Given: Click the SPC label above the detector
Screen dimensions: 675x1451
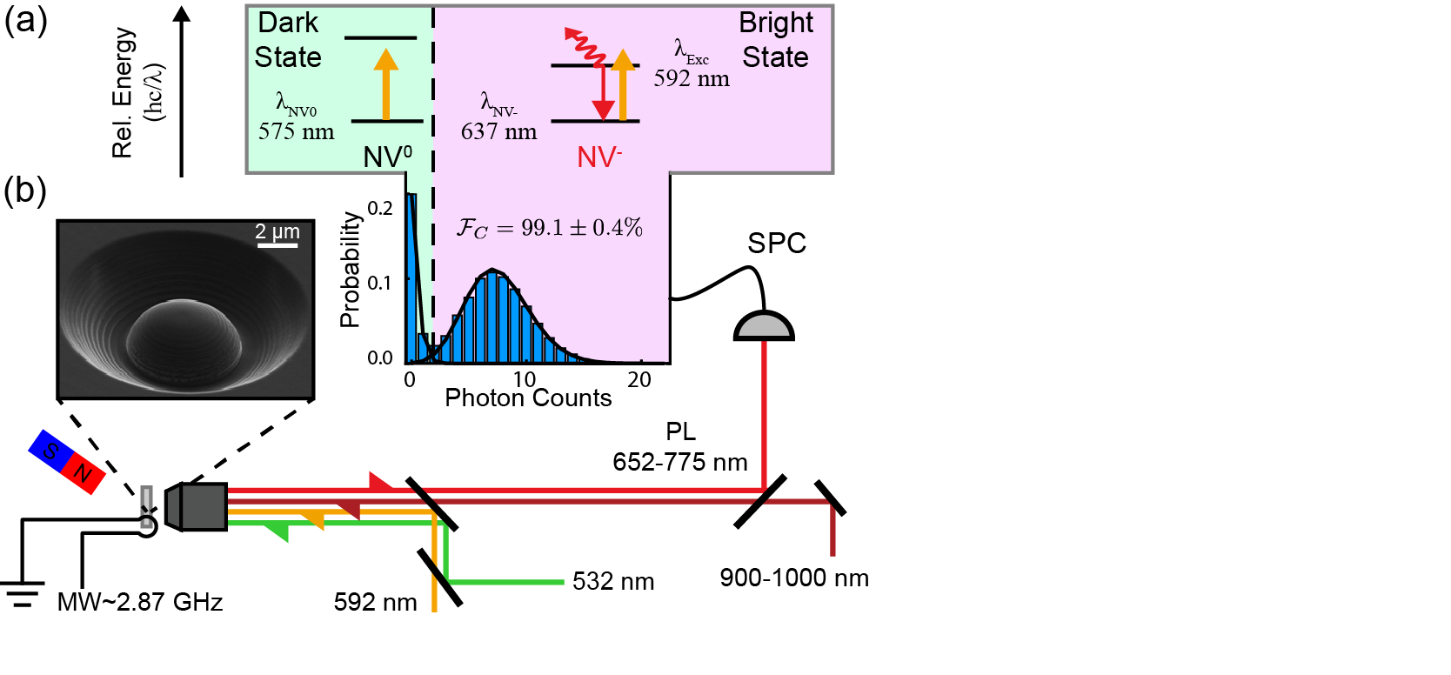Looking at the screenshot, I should pyautogui.click(x=776, y=244).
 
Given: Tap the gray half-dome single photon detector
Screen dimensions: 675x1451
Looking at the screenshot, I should pyautogui.click(x=763, y=327).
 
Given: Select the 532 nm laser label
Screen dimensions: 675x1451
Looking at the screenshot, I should pyautogui.click(x=612, y=581).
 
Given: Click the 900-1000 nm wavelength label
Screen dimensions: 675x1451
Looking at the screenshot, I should pyautogui.click(x=793, y=578).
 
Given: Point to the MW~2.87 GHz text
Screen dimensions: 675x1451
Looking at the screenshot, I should pyautogui.click(x=140, y=602).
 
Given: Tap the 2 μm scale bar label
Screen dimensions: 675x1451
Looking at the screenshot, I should pyautogui.click(x=277, y=232).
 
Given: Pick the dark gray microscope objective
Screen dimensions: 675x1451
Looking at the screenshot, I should pyautogui.click(x=199, y=507).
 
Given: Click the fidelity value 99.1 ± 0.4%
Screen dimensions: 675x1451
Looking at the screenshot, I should pyautogui.click(x=581, y=228).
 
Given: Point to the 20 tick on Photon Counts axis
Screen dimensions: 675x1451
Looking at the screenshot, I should pyautogui.click(x=639, y=380).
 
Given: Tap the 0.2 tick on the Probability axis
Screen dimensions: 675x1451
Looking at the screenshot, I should pyautogui.click(x=380, y=208).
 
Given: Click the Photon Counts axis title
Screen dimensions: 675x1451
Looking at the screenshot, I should pyautogui.click(x=528, y=398).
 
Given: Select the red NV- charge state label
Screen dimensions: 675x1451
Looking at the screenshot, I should pyautogui.click(x=599, y=157).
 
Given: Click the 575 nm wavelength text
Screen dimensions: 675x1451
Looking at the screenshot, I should pyautogui.click(x=296, y=132).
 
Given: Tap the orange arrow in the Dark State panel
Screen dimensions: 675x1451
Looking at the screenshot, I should pyautogui.click(x=385, y=84).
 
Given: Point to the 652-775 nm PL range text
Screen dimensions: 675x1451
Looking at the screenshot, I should pyautogui.click(x=679, y=462).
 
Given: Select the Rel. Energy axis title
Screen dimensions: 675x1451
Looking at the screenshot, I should pyautogui.click(x=124, y=92).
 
